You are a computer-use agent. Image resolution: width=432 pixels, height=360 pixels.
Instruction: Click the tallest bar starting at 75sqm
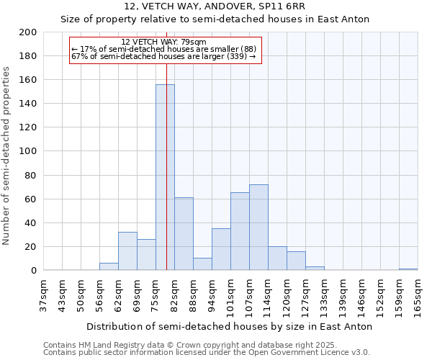pyautogui.click(x=165, y=177)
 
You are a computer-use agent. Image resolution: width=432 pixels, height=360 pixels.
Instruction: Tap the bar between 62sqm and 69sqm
pyautogui.click(x=127, y=251)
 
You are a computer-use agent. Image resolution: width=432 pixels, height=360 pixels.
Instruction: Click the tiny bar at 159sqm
pyautogui.click(x=408, y=269)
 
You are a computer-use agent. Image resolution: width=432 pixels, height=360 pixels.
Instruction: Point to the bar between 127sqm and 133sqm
pyautogui.click(x=315, y=269)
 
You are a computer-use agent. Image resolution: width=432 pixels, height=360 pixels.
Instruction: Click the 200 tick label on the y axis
pyautogui.click(x=28, y=32)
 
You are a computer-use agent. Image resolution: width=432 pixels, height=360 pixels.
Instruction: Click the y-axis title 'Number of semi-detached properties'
pyautogui.click(x=7, y=156)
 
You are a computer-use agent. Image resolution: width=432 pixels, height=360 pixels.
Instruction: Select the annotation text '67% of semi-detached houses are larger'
pyautogui.click(x=163, y=56)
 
